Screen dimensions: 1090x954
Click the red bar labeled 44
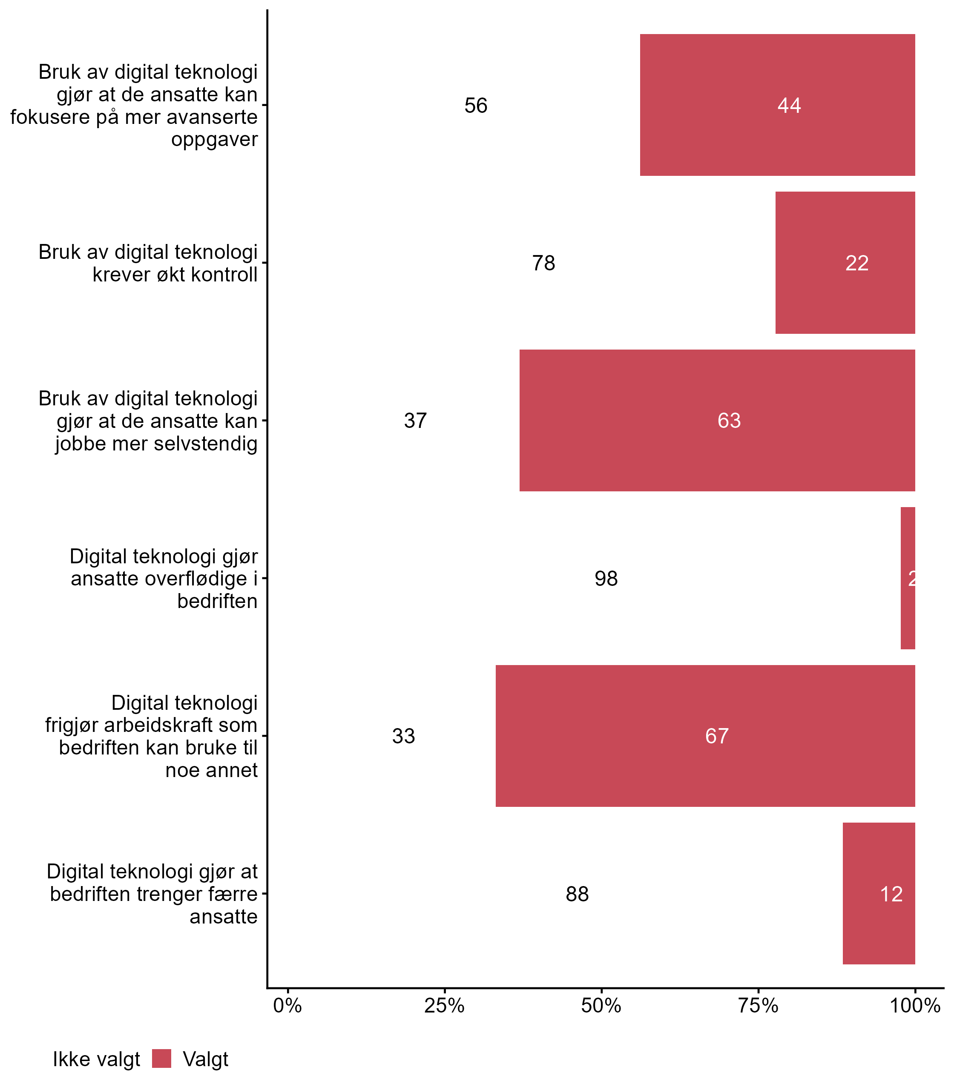(x=777, y=105)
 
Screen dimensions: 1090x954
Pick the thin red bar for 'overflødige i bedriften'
(x=908, y=578)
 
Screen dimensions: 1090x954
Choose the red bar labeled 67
(x=705, y=736)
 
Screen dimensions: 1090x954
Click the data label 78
(x=543, y=263)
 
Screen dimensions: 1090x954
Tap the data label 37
(x=415, y=421)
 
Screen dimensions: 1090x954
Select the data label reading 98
(x=606, y=579)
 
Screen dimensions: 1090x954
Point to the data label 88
(x=577, y=894)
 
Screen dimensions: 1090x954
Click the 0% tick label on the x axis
(x=287, y=1006)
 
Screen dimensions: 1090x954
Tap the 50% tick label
(x=601, y=1006)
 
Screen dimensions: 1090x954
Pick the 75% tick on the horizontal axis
(x=758, y=1006)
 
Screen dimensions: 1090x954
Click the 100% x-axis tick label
(x=915, y=1006)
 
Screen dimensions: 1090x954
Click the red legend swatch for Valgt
(x=161, y=1058)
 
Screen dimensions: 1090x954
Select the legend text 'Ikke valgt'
(x=96, y=1059)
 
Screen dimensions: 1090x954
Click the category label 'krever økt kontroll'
(x=175, y=275)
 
